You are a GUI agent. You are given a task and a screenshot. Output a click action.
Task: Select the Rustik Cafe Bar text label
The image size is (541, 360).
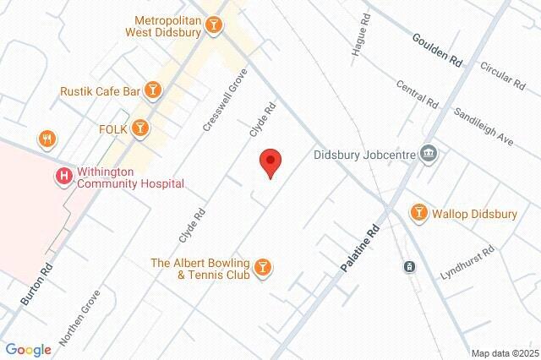tap(100, 90)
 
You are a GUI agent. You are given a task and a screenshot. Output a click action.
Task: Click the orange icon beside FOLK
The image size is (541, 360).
tap(140, 128)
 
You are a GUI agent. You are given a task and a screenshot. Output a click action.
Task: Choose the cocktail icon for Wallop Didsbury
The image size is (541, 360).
tap(418, 214)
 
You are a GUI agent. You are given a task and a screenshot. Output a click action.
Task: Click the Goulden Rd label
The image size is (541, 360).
tap(438, 50)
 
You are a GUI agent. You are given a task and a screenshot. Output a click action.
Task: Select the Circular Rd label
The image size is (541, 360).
tap(502, 74)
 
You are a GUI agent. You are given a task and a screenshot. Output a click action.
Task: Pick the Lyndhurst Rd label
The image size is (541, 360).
tap(467, 265)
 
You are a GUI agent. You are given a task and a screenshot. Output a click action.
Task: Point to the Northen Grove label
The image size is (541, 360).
tap(79, 319)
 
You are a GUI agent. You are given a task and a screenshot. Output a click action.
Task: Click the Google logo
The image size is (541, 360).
tap(28, 349)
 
